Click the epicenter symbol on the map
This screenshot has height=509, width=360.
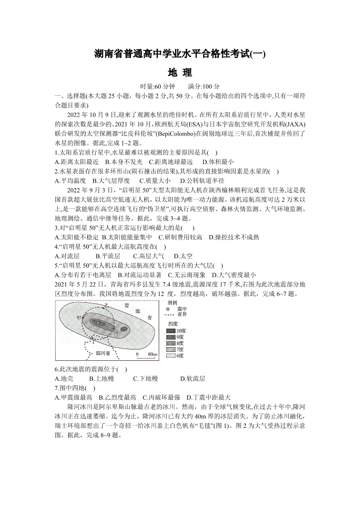[x=98, y=322]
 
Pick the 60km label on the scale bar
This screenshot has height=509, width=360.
[x=151, y=354]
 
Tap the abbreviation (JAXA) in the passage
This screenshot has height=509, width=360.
[x=295, y=124]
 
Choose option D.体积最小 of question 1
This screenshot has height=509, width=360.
[x=218, y=161]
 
